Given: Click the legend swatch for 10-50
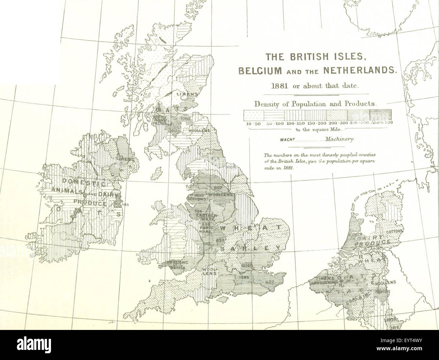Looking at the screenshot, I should pyautogui.click(x=254, y=115).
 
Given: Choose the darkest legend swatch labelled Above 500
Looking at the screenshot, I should pyautogui.click(x=380, y=115).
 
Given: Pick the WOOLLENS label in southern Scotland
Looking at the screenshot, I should pyautogui.click(x=199, y=130).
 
